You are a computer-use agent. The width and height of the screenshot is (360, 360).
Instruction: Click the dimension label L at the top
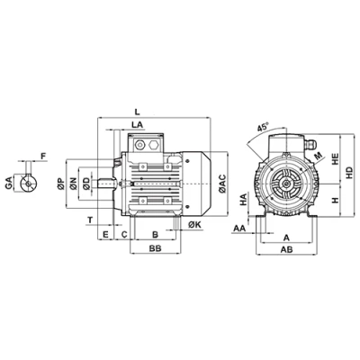click(137, 112)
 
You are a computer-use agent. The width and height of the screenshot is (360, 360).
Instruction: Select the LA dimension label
click(138, 125)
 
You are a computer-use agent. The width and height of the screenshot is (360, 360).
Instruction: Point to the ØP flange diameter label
click(60, 184)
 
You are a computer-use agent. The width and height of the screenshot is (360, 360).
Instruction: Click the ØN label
click(73, 184)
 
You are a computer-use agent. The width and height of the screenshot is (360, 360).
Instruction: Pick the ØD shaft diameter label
click(86, 184)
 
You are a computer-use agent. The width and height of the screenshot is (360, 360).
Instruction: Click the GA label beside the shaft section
click(9, 183)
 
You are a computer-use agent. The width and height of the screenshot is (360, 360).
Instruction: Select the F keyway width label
click(43, 156)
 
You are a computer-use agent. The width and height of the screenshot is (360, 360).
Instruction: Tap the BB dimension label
click(156, 248)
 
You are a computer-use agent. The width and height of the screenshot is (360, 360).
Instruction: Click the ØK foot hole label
click(195, 225)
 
